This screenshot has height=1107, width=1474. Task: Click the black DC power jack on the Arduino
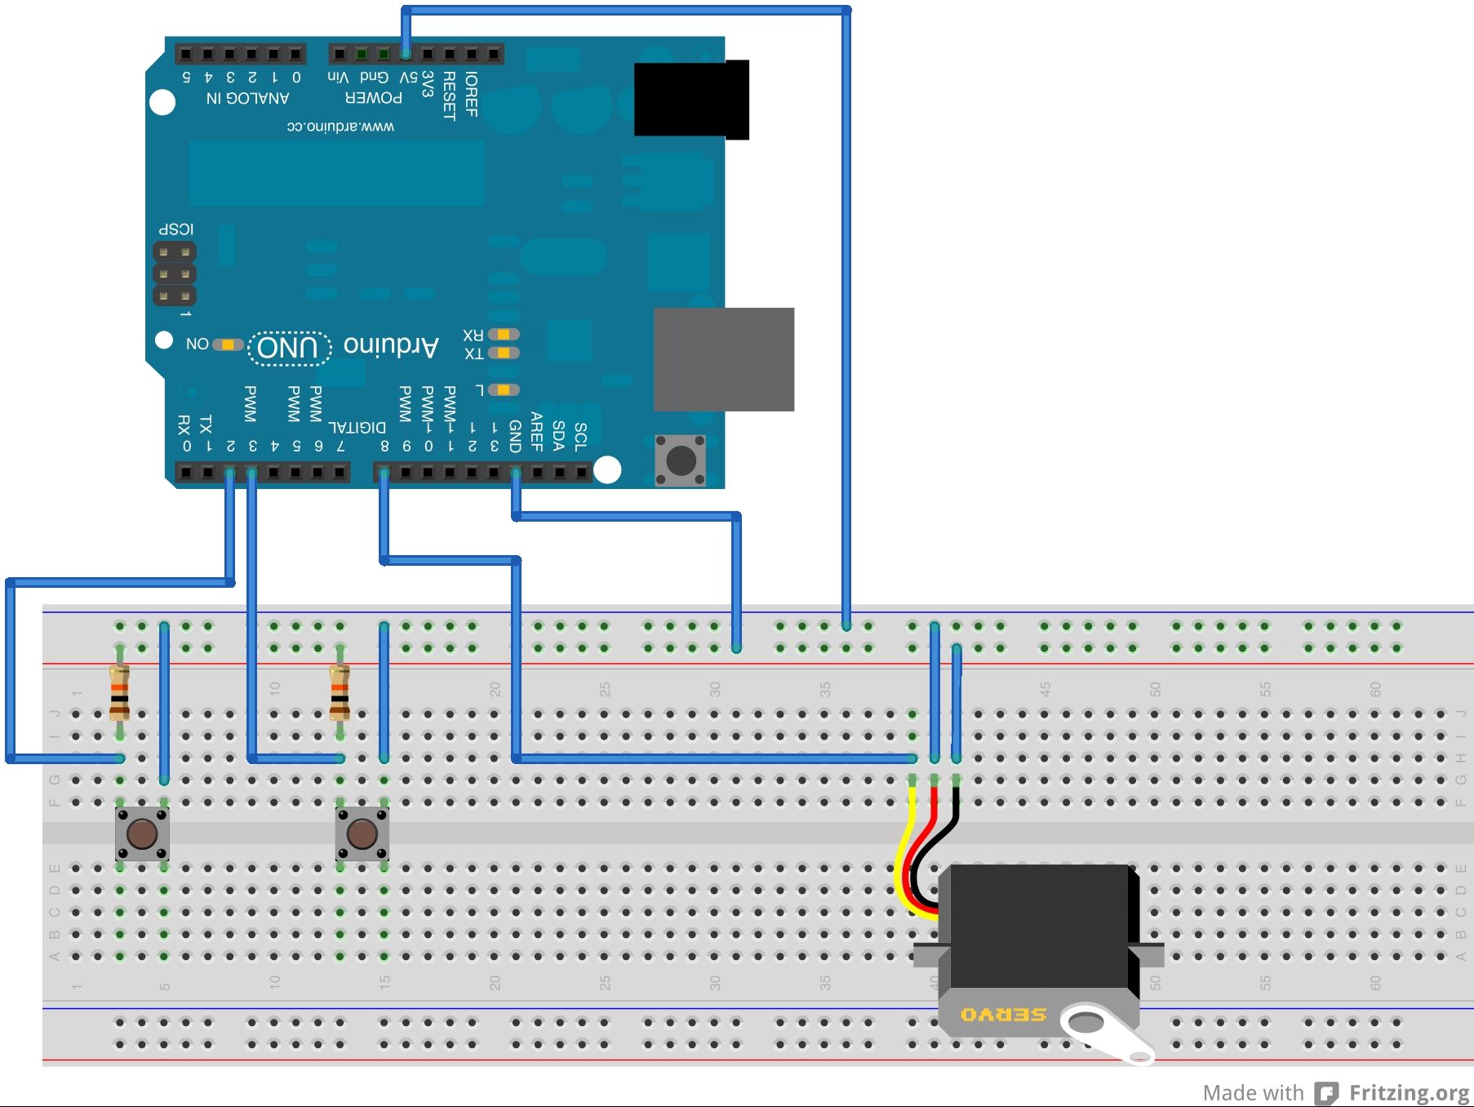pyautogui.click(x=690, y=99)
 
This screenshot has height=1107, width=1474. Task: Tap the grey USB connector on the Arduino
pyautogui.click(x=724, y=359)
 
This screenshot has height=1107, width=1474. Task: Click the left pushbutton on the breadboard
pyautogui.click(x=142, y=834)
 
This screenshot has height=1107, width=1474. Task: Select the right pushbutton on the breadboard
pyautogui.click(x=362, y=834)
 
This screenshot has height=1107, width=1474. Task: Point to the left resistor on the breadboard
pyautogui.click(x=119, y=692)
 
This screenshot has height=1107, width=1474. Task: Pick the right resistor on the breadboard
pyautogui.click(x=340, y=692)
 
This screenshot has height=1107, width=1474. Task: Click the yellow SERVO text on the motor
pyautogui.click(x=1003, y=1015)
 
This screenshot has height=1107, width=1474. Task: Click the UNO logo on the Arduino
pyautogui.click(x=288, y=349)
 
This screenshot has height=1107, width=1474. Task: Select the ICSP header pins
pyautogui.click(x=175, y=273)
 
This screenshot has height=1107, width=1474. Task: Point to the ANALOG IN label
pyautogui.click(x=247, y=98)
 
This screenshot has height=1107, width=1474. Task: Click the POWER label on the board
pyautogui.click(x=374, y=98)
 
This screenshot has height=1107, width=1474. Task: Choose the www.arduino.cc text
pyautogui.click(x=340, y=127)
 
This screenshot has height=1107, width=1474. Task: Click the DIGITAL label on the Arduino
pyautogui.click(x=357, y=427)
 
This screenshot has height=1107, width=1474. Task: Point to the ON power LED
pyautogui.click(x=227, y=345)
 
